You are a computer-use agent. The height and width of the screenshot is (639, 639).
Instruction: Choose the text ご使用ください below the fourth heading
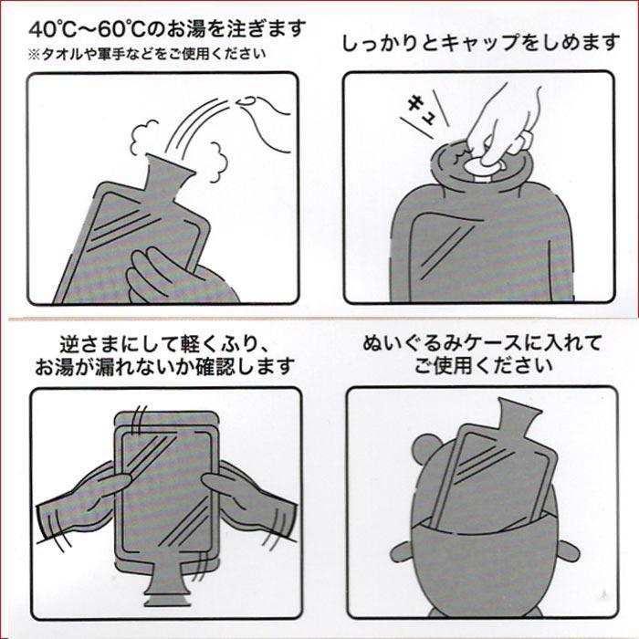coord(482,368)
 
